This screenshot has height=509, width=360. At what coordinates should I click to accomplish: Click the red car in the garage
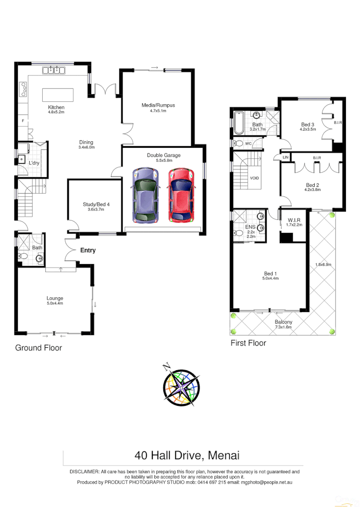pos(180,194)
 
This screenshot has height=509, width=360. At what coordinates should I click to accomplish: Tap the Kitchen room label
pos(56,107)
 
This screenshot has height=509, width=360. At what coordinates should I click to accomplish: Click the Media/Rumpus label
pos(158,105)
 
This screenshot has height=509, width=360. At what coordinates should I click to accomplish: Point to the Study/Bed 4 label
pos(96,205)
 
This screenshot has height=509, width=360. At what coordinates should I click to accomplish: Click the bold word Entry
pos(87,250)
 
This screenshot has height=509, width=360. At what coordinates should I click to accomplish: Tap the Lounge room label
pos(55,298)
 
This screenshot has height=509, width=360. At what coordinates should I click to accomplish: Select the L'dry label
pos(34,163)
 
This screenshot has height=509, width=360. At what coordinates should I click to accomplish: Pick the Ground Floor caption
pos(38,348)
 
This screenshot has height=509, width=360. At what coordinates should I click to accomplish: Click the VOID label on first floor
pos(254,178)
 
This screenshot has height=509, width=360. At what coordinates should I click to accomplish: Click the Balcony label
pos(283,322)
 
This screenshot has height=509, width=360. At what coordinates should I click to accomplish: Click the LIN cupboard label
pos(285,157)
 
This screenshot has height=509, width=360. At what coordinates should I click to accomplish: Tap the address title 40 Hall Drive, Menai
pos(187,455)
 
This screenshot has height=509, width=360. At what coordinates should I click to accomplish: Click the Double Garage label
pos(163,155)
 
